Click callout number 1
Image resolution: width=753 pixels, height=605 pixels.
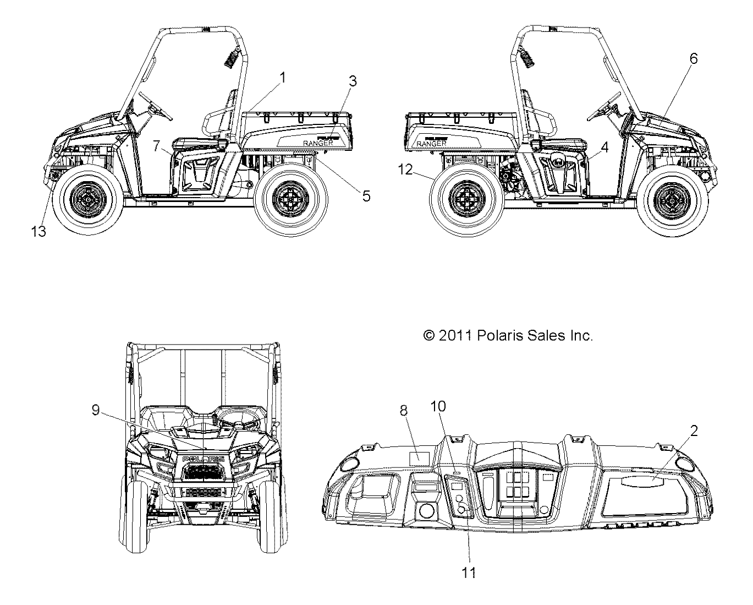(283, 78)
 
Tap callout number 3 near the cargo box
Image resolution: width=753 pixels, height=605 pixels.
(353, 81)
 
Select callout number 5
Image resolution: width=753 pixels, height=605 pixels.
(366, 195)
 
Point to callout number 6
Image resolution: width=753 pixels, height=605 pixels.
(694, 58)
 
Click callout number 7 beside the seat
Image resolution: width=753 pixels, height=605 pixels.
(156, 146)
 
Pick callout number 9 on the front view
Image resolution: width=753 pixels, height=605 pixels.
(96, 411)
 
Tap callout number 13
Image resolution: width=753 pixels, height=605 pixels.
(39, 231)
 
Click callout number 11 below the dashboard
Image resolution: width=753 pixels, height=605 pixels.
(469, 573)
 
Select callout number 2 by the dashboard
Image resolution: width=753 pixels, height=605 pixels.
(694, 431)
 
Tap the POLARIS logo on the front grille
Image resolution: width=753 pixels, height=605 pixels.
(203, 459)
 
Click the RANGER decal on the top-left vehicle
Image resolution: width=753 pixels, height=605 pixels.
(317, 143)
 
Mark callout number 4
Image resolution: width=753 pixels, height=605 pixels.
(604, 147)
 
